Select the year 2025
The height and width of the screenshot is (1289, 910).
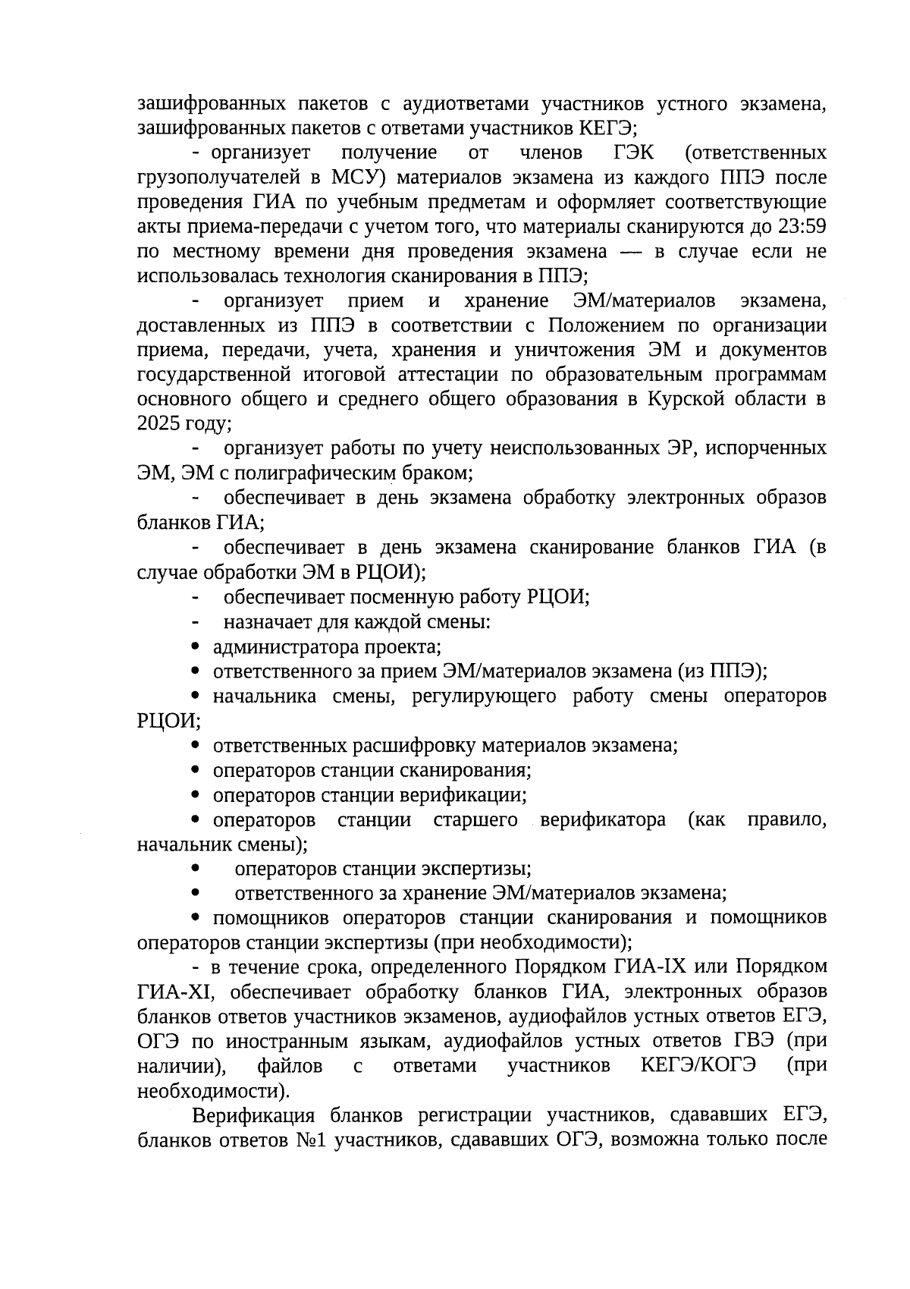158,423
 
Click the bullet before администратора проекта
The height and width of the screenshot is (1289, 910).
196,647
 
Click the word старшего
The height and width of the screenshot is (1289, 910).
476,820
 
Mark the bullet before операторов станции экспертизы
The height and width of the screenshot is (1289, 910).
196,869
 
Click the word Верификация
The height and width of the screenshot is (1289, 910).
253,1115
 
